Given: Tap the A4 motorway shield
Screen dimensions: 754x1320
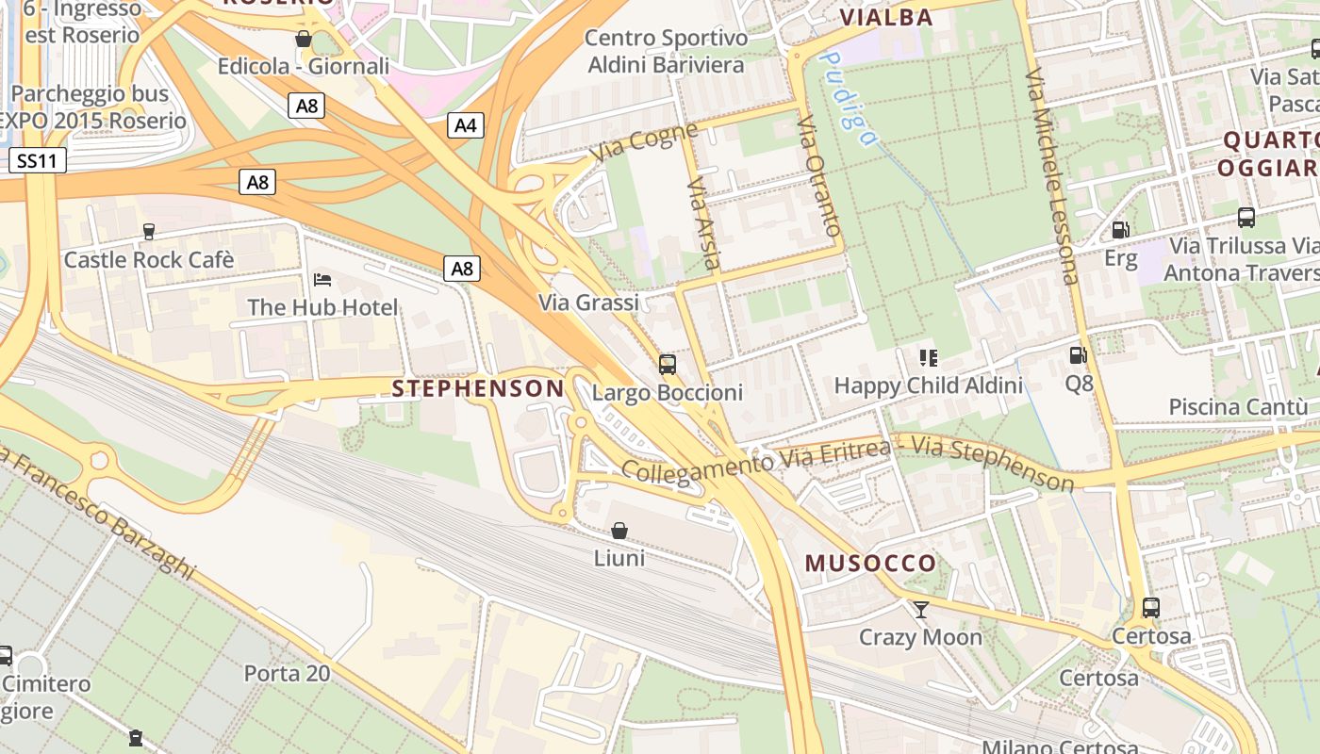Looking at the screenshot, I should [x=465, y=124].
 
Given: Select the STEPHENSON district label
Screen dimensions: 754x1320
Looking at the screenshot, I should [x=478, y=388].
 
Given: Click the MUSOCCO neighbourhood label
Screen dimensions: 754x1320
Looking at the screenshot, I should [x=870, y=564].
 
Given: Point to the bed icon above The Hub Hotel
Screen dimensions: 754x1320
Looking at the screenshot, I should [x=322, y=280].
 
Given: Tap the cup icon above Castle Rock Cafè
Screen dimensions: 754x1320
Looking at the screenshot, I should [x=148, y=232].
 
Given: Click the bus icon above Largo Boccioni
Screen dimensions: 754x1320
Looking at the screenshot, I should [x=668, y=365].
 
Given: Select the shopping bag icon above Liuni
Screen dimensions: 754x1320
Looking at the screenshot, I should [x=619, y=532].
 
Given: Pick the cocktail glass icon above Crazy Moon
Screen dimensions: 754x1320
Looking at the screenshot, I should [x=921, y=610].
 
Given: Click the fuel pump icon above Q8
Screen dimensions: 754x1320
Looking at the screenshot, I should [x=1078, y=356].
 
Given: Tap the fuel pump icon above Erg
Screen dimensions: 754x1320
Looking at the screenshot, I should [x=1120, y=230].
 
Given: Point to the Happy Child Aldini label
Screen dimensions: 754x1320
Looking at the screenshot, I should [x=928, y=385].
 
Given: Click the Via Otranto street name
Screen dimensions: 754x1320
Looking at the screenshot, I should [x=818, y=176].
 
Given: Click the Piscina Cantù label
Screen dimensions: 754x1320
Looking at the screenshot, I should [x=1238, y=407].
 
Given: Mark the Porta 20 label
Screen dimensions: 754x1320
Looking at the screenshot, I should [x=287, y=673].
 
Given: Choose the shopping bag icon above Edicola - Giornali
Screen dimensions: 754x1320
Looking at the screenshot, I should [x=304, y=40].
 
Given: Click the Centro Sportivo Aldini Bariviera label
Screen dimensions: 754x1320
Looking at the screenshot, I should [x=666, y=52].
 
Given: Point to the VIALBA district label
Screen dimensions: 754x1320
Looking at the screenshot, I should [x=885, y=17].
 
